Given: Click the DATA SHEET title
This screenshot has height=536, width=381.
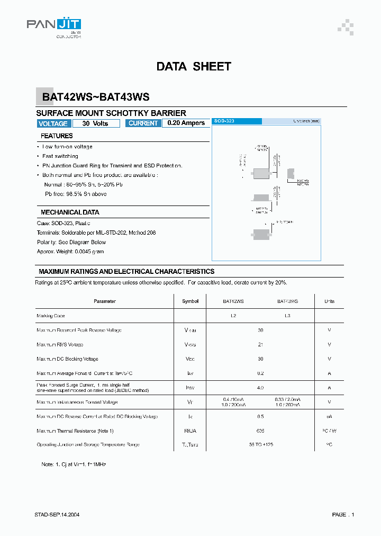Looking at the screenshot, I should coord(194,67).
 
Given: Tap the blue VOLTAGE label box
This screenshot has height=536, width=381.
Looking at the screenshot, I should coord(53,123).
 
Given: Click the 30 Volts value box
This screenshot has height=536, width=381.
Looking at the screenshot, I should coord(95,123).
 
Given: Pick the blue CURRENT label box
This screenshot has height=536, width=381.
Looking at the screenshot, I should coord(143,123).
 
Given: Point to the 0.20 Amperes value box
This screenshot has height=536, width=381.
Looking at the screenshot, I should coord(186,123).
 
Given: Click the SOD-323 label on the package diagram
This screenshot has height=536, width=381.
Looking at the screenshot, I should coord(224,121).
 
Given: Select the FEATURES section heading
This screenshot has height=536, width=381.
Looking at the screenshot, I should coord(57,136).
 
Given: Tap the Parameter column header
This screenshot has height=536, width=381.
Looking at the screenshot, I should coord(104,301).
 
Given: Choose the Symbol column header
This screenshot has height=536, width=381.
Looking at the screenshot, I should coord(190,301).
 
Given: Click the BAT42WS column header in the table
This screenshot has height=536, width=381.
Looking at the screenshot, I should coord(233,301).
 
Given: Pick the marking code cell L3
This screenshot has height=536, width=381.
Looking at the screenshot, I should coord(287,316).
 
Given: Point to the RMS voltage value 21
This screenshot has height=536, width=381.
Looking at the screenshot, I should coord(260,345).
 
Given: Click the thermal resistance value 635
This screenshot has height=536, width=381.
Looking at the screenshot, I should coord(260,431).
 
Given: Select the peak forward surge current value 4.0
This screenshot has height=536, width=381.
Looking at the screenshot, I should coord(260,388).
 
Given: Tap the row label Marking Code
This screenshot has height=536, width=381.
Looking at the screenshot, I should coord(51,316).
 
